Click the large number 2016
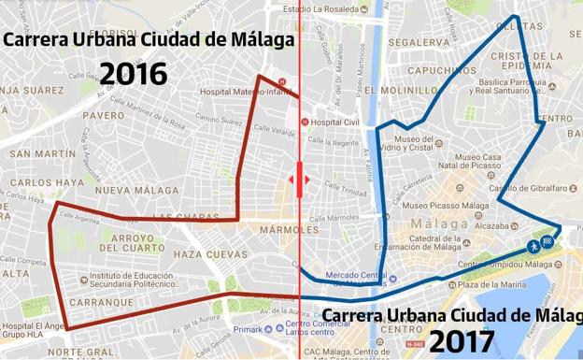click(x=134, y=74)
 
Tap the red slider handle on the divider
click(x=300, y=180)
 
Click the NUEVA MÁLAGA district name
click(x=124, y=191)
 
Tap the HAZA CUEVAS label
click(x=210, y=254)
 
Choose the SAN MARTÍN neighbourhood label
click(x=43, y=153)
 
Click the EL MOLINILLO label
click(x=401, y=91)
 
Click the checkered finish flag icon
click(x=547, y=242)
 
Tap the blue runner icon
click(x=532, y=246)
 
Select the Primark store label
click(x=248, y=328)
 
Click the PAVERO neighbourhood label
click(x=103, y=116)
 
